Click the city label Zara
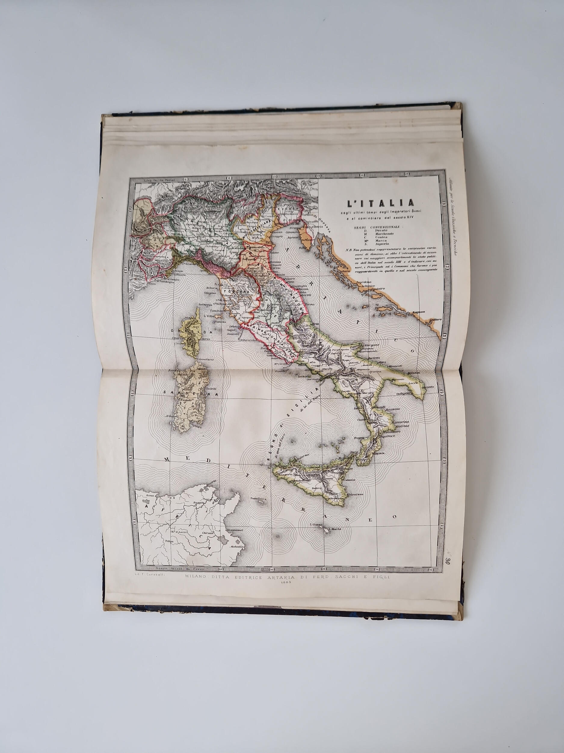point(346,272)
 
